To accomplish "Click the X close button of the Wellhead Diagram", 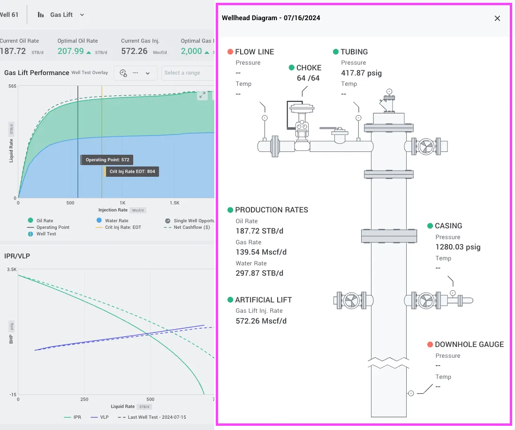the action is click(x=497, y=18).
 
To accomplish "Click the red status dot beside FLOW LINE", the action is click(x=230, y=52).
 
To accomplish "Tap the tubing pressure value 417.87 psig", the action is click(x=361, y=73).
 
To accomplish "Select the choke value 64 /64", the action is click(x=308, y=78).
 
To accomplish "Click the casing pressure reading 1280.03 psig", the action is click(x=458, y=247).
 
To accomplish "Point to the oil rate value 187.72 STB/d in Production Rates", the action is click(x=259, y=231).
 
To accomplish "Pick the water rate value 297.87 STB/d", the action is click(x=259, y=273).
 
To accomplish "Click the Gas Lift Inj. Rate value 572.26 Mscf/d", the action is click(x=261, y=321).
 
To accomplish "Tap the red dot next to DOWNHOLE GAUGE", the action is click(x=430, y=344).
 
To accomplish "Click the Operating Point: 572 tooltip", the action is click(x=107, y=160).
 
